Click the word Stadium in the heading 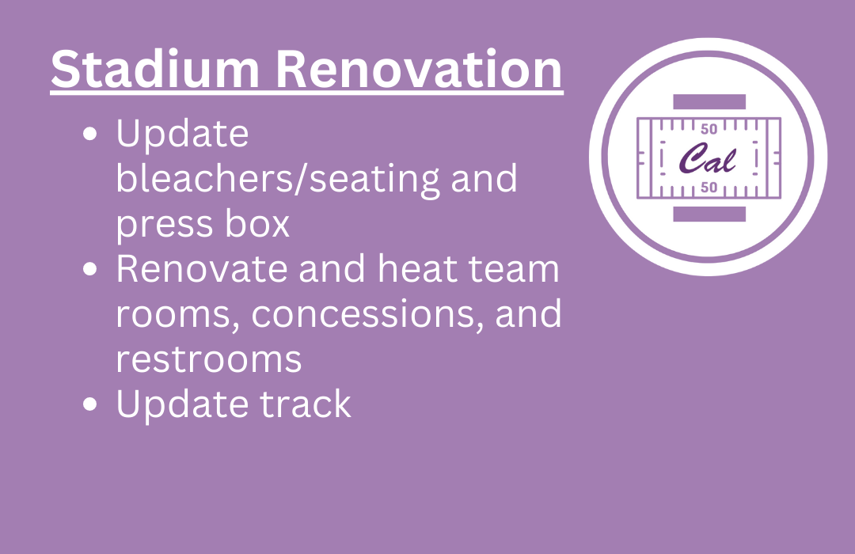(155, 70)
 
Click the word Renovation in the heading (419, 70)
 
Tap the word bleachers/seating (277, 179)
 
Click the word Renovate (201, 269)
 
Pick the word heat (417, 269)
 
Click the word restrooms (209, 360)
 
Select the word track (305, 404)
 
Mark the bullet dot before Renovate (90, 269)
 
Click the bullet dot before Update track (90, 404)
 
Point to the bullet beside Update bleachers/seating (90, 134)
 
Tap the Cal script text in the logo (708, 158)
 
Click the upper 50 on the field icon (709, 129)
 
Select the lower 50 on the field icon (709, 188)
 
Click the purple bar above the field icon (709, 102)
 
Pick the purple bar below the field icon (709, 214)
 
